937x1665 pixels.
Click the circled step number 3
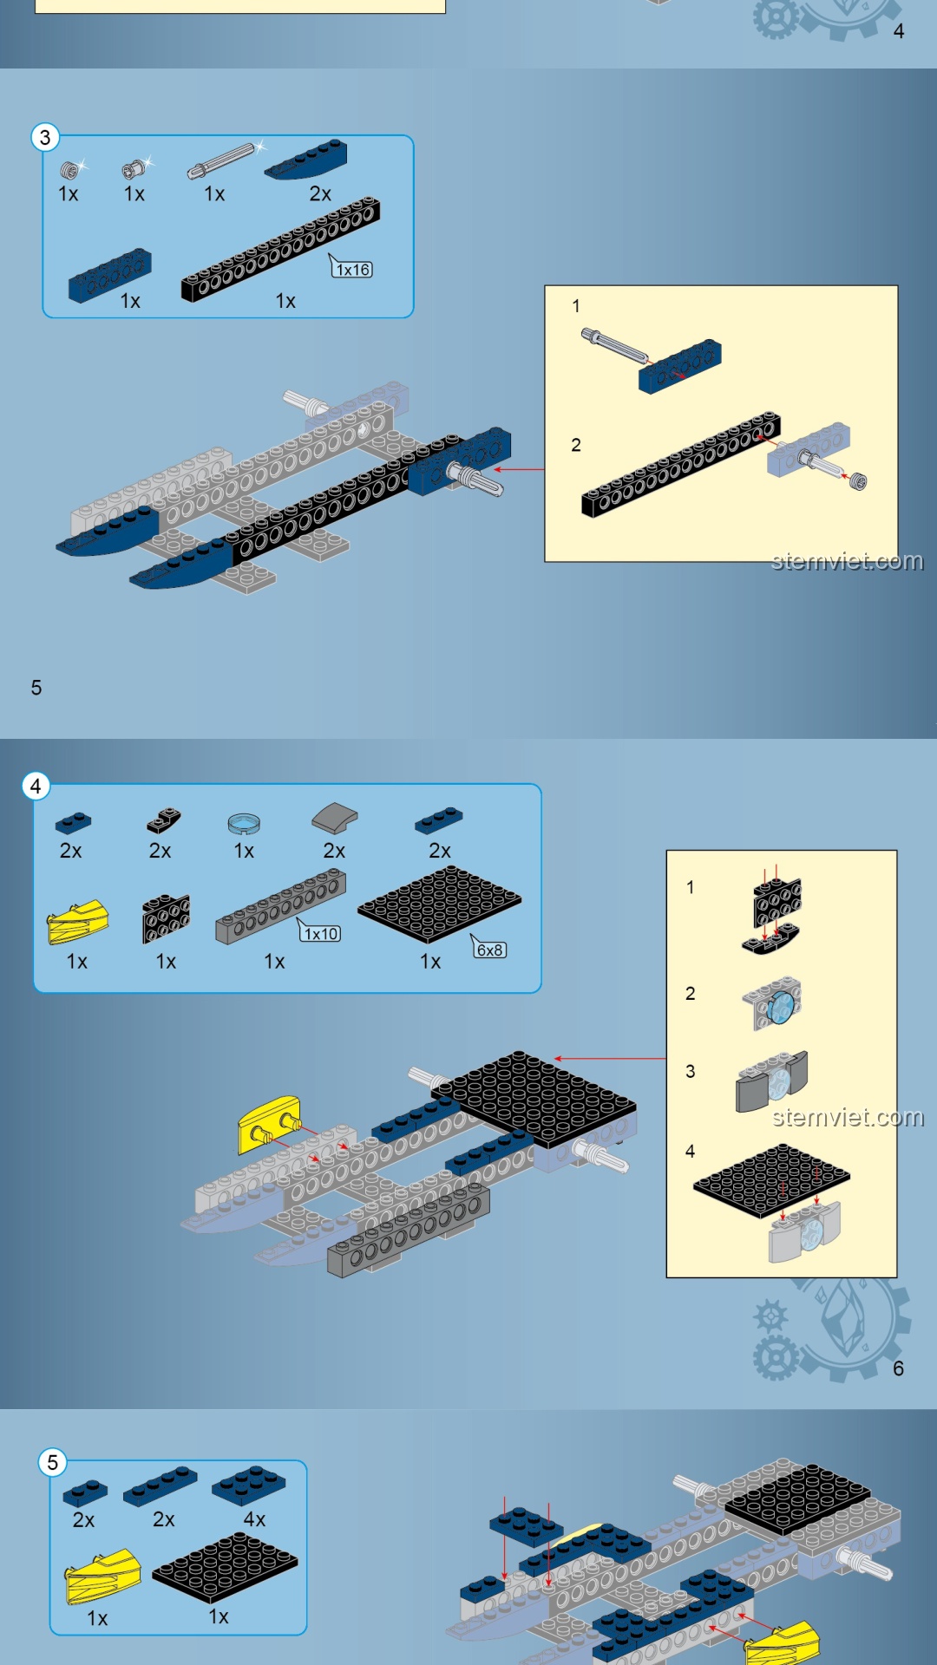(x=45, y=137)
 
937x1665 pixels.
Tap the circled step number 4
(x=36, y=786)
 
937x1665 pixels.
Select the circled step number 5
(x=52, y=1462)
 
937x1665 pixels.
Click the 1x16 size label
(x=353, y=270)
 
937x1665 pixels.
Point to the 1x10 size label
(x=321, y=934)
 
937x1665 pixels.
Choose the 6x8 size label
(x=490, y=950)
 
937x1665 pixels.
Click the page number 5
(x=36, y=688)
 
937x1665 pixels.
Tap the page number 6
(x=899, y=1368)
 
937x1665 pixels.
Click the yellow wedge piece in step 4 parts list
(x=78, y=922)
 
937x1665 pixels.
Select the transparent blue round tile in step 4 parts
(x=244, y=822)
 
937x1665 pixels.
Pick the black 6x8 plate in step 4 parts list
(x=439, y=904)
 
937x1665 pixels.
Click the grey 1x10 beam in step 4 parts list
(x=280, y=907)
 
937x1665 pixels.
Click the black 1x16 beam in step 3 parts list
(x=280, y=249)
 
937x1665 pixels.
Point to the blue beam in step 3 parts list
(x=110, y=276)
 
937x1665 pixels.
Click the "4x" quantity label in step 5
(x=254, y=1519)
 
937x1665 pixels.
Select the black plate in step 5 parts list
(x=225, y=1567)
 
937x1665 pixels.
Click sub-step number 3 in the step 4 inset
(x=691, y=1071)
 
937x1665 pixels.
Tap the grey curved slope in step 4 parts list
(x=335, y=818)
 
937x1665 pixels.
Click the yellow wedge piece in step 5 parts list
(x=103, y=1577)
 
